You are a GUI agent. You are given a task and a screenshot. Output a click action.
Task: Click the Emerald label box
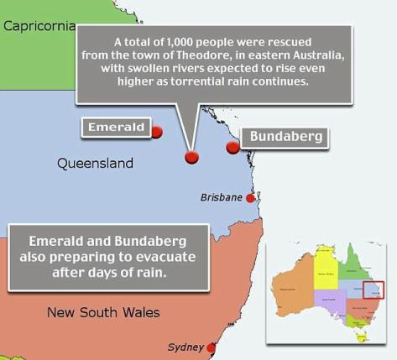(116, 128)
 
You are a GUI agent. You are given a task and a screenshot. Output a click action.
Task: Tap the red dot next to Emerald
(157, 132)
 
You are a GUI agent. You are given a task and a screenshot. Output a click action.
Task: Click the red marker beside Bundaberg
(232, 148)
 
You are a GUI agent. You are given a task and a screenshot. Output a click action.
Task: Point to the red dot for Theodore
(191, 157)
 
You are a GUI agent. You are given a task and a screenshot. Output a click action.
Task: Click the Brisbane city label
(222, 197)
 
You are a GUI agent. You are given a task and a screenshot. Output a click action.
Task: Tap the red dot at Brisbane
(249, 198)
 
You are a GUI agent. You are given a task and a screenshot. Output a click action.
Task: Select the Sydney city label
(185, 347)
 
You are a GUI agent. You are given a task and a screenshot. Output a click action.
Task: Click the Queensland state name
(95, 163)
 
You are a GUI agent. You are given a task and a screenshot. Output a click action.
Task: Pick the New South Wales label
(103, 313)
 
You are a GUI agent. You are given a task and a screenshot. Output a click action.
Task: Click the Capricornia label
(39, 25)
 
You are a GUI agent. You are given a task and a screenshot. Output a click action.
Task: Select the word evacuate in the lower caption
(183, 257)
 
